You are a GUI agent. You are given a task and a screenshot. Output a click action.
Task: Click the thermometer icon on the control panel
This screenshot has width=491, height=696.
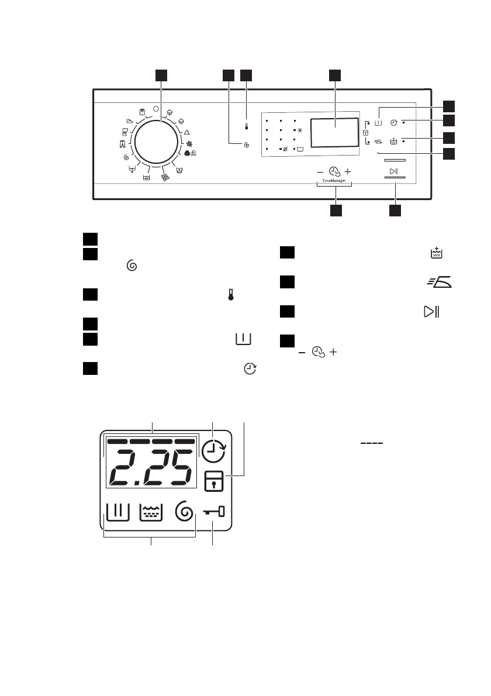pos(247,126)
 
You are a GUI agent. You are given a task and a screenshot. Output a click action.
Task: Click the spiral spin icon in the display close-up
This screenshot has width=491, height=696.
pos(185,514)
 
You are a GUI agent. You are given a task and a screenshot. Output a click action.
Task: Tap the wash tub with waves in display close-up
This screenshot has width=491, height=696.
pos(151,514)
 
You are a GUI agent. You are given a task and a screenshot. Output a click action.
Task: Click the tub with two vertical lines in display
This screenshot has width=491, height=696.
pos(116,514)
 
